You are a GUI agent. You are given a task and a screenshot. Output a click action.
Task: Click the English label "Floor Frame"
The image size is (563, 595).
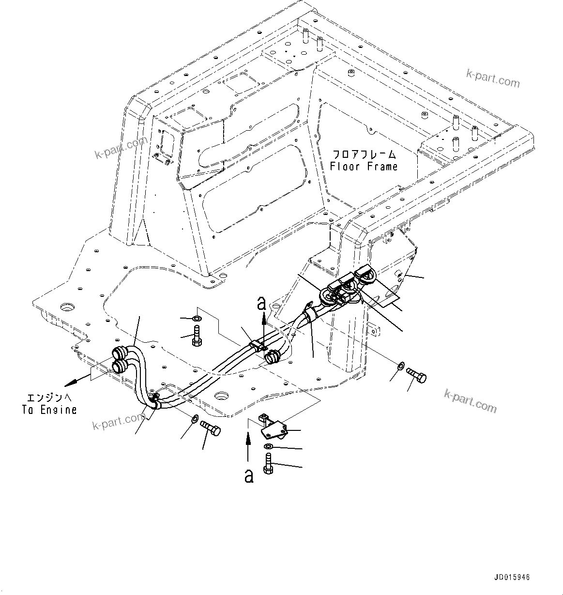coord(364,167)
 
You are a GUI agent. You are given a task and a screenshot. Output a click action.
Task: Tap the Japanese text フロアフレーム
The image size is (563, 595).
coord(364,155)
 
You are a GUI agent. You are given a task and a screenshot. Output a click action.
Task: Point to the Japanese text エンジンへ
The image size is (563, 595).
coord(48,398)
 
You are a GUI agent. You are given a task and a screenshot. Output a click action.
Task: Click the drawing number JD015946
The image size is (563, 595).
coord(512,578)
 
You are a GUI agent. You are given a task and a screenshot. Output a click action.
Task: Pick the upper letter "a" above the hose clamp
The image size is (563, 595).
coord(262,304)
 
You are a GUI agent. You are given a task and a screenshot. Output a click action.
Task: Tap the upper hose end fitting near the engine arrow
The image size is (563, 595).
coord(118,352)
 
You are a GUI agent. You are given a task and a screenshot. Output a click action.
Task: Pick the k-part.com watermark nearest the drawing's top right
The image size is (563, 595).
coord(492,78)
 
